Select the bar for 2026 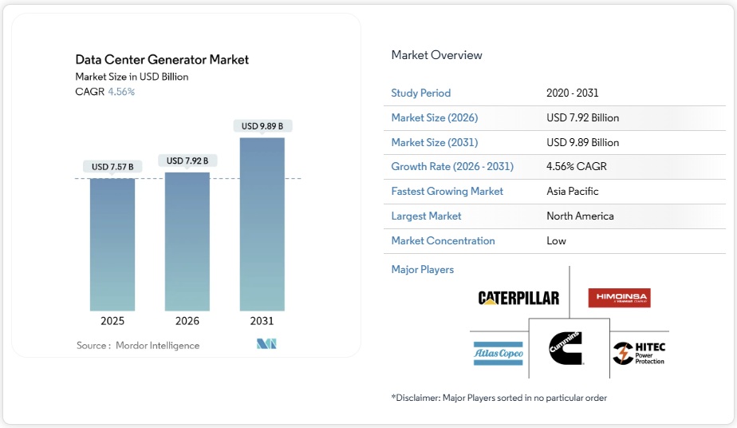pos(187,241)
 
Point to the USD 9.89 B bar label pos(262,126)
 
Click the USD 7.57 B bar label pos(112,167)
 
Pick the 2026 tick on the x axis pos(187,321)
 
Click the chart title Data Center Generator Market pos(162,60)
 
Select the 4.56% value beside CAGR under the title pos(121,92)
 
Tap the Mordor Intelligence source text pos(157,346)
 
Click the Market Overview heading pos(436,55)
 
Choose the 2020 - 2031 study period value pos(572,93)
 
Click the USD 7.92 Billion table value pos(582,118)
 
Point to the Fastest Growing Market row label pos(447,192)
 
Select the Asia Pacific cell pos(572,192)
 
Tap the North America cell pos(580,216)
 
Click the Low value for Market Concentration pos(556,241)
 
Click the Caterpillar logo pos(518,298)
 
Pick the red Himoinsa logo pos(619,298)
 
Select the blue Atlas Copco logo pos(498,352)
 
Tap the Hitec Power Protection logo pos(639,353)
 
